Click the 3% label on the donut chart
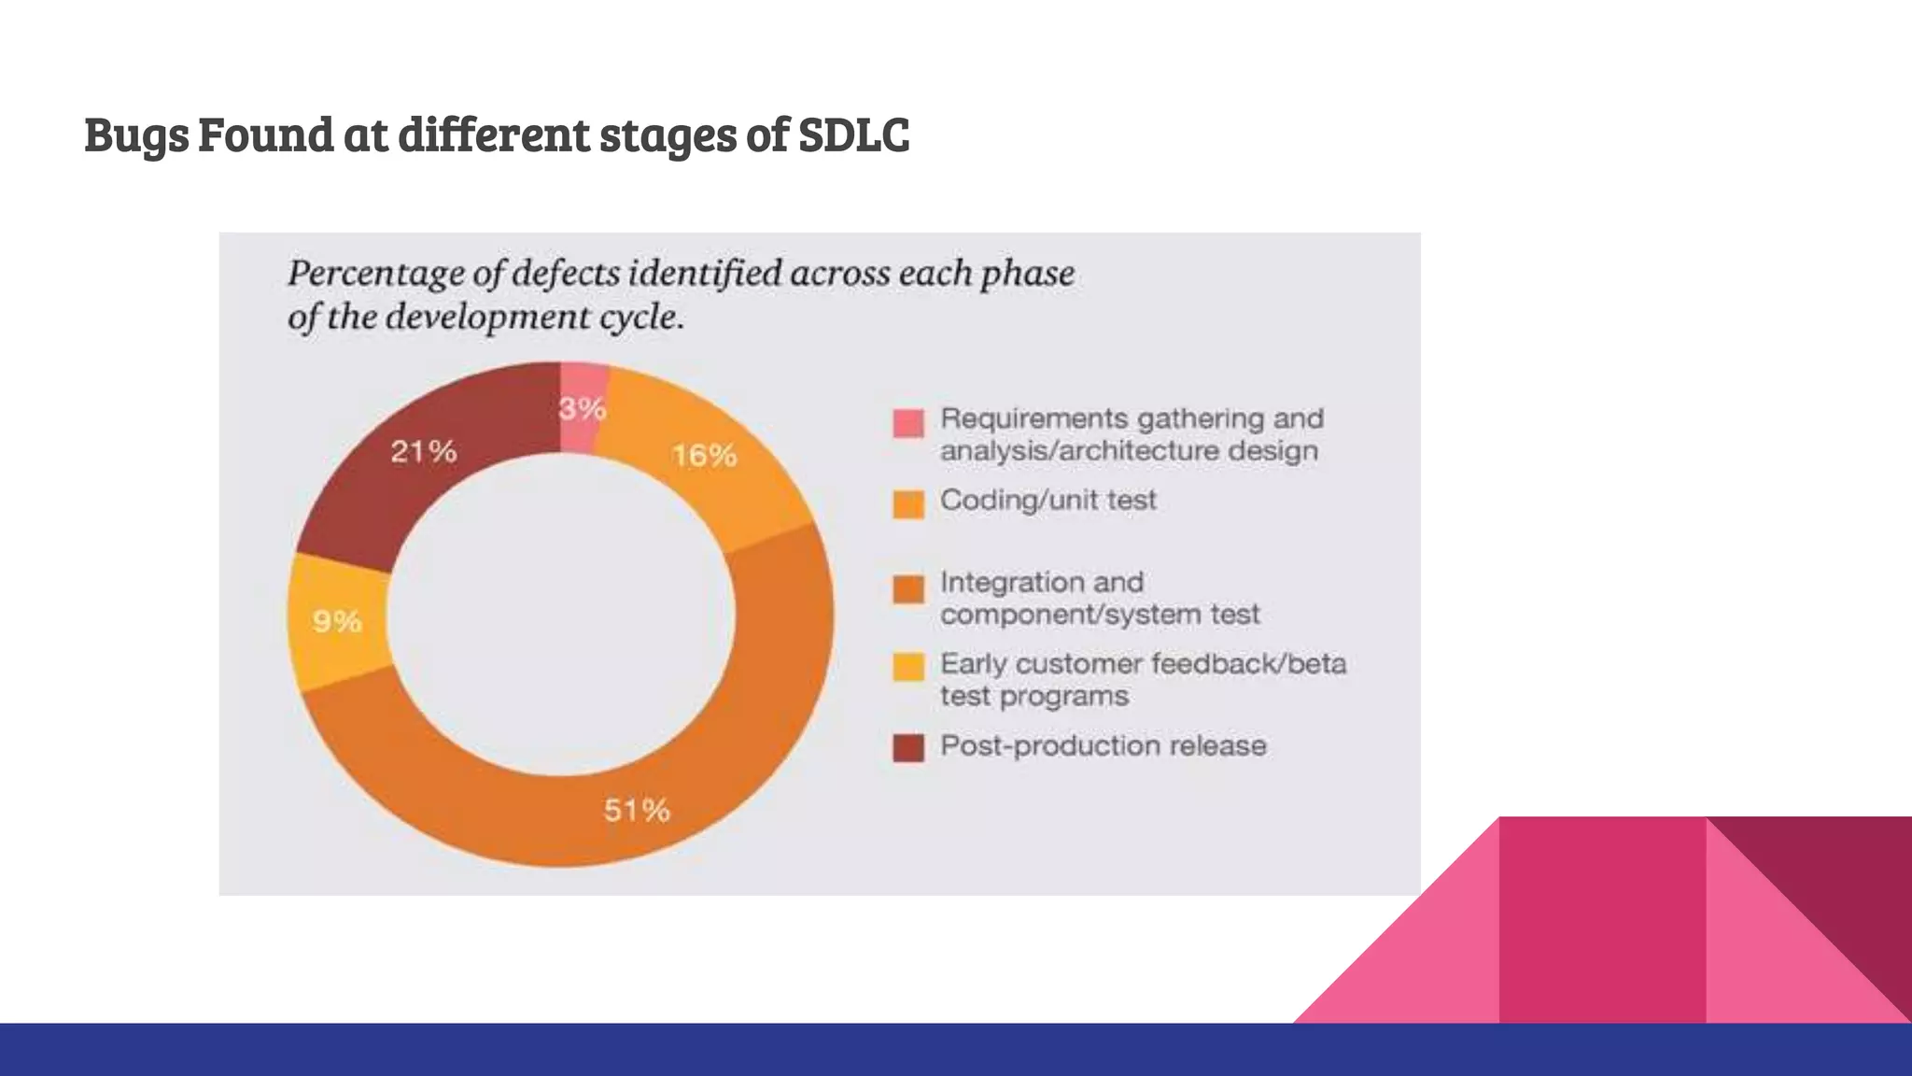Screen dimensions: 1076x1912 pos(583,409)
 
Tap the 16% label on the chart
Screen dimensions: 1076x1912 pos(705,456)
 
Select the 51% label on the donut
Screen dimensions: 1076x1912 pos(637,810)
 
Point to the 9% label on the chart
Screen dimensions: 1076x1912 pos(337,621)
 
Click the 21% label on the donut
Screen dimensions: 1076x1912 pos(424,452)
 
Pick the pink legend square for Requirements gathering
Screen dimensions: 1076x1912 pos(908,423)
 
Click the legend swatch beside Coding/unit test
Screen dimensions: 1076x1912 pos(908,504)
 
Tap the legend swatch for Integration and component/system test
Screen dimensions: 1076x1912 pos(908,589)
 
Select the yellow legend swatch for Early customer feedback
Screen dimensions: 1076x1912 pos(908,667)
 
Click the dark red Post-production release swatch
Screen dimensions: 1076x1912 pos(908,748)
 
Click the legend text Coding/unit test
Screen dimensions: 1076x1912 pos(1047,501)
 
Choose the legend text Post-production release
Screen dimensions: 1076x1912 pos(1103,746)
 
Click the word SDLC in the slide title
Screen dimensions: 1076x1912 pos(853,134)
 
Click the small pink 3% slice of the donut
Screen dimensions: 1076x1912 pos(583,383)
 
